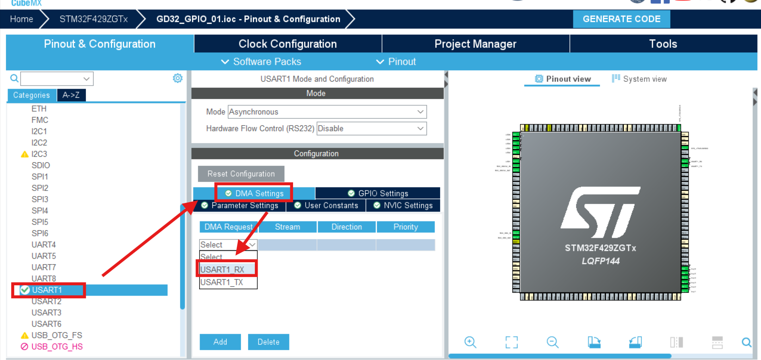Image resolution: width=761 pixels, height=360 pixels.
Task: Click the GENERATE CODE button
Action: [621, 19]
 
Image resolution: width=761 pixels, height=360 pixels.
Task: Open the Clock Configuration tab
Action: [287, 44]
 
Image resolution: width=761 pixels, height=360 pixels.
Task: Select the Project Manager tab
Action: [475, 44]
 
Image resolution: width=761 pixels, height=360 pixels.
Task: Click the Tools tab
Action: [663, 44]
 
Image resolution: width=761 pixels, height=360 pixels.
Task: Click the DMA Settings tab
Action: [254, 194]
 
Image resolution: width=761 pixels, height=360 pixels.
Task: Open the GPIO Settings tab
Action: [378, 194]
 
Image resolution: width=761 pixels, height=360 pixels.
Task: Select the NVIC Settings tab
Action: [403, 205]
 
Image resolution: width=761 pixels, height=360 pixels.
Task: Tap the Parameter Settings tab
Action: [240, 205]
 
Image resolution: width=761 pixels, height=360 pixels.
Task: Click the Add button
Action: [220, 342]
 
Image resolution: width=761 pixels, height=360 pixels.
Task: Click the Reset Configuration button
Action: [241, 174]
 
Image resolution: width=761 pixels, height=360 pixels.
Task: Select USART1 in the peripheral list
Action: [47, 290]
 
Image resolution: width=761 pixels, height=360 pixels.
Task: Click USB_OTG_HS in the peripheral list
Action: [57, 346]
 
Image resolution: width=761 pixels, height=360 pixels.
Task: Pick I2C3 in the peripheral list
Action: [39, 154]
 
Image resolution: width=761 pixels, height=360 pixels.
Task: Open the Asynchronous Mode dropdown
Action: [327, 112]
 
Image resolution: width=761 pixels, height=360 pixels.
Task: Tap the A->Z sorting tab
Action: [71, 95]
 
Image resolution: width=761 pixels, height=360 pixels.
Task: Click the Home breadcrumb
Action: [21, 19]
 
